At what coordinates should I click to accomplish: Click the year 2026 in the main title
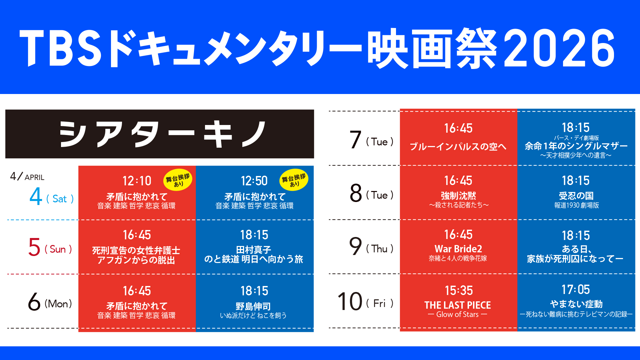(x=559, y=48)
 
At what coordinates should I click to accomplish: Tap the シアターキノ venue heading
(x=163, y=134)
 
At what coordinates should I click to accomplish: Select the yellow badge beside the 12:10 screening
(x=178, y=180)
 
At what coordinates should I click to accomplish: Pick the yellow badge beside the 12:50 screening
(x=294, y=180)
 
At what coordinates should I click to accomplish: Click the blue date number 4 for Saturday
(x=36, y=196)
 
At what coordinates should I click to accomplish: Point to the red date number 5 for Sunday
(x=34, y=247)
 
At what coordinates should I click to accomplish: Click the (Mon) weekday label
(x=58, y=304)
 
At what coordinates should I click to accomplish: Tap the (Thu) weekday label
(x=380, y=249)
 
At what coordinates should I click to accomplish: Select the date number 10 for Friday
(x=350, y=301)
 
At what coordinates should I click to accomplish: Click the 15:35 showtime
(x=459, y=291)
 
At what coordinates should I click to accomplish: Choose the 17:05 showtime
(x=576, y=290)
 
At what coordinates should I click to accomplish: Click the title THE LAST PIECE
(x=458, y=305)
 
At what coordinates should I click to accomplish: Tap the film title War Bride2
(x=458, y=249)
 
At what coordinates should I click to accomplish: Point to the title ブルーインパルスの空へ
(x=458, y=147)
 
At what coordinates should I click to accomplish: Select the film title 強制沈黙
(x=458, y=196)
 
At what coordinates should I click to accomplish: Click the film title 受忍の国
(x=576, y=196)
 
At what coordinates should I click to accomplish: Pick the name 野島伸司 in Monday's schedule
(x=253, y=306)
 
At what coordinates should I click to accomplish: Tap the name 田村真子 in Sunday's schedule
(x=254, y=250)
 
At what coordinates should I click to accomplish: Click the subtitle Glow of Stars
(x=457, y=314)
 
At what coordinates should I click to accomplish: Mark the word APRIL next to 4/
(x=34, y=177)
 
